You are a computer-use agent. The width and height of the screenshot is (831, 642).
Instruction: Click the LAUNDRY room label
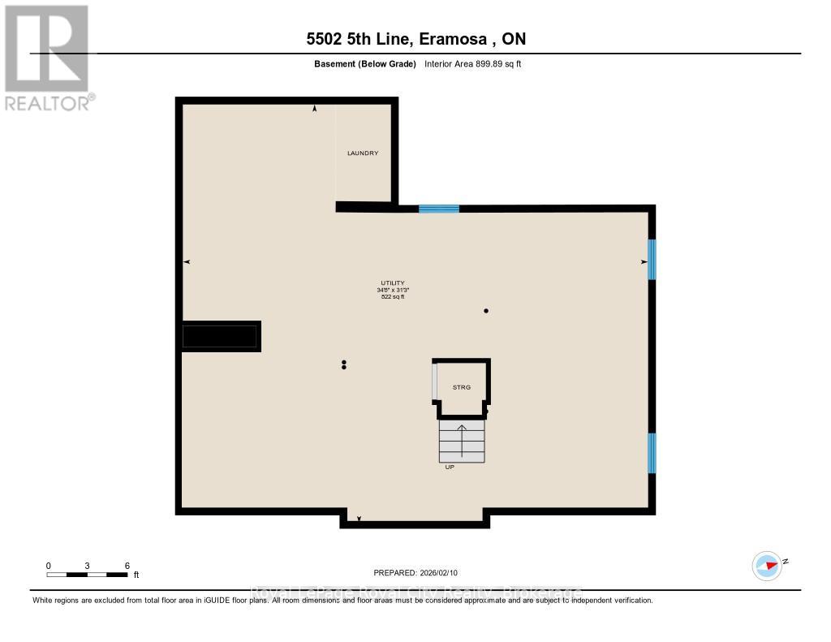pyautogui.click(x=363, y=153)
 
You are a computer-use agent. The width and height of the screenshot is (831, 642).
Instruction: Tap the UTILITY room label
pyautogui.click(x=392, y=283)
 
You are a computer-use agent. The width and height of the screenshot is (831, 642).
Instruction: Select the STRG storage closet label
pyautogui.click(x=462, y=387)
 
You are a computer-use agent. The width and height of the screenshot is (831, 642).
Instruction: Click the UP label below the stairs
pyautogui.click(x=450, y=467)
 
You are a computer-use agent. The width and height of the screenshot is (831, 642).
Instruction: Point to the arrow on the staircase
pyautogui.click(x=462, y=439)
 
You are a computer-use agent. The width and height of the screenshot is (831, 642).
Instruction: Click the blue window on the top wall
pyautogui.click(x=439, y=209)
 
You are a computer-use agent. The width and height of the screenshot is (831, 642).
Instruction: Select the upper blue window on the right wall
pyautogui.click(x=651, y=259)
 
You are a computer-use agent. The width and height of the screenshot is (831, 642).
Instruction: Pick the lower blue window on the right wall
pyautogui.click(x=651, y=453)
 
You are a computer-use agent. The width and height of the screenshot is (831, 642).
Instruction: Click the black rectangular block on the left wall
pyautogui.click(x=221, y=335)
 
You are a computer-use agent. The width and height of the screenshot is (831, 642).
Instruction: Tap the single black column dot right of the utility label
pyautogui.click(x=486, y=311)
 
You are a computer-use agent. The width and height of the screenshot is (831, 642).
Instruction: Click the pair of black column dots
pyautogui.click(x=344, y=364)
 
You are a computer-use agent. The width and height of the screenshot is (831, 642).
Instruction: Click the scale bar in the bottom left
pyautogui.click(x=87, y=575)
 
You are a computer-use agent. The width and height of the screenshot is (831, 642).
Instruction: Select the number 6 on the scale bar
pyautogui.click(x=127, y=565)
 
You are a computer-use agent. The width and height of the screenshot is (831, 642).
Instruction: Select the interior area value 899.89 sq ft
pyautogui.click(x=473, y=63)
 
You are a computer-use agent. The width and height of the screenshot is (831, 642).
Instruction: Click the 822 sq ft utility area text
pyautogui.click(x=392, y=297)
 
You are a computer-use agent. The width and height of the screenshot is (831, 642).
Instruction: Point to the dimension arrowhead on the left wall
pyautogui.click(x=187, y=261)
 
